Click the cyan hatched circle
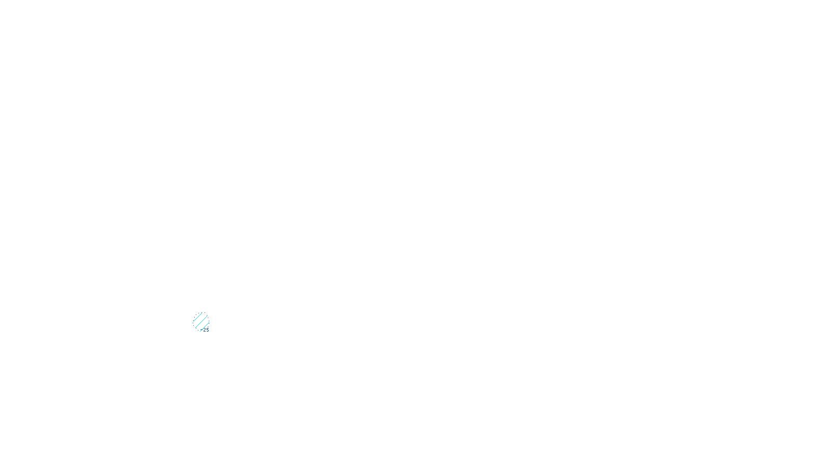click(201, 322)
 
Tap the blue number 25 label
click(206, 330)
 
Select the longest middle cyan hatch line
click(201, 322)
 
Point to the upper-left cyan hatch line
click(198, 317)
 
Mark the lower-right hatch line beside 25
click(205, 326)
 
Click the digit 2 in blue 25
click(205, 330)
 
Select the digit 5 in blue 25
click(208, 330)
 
